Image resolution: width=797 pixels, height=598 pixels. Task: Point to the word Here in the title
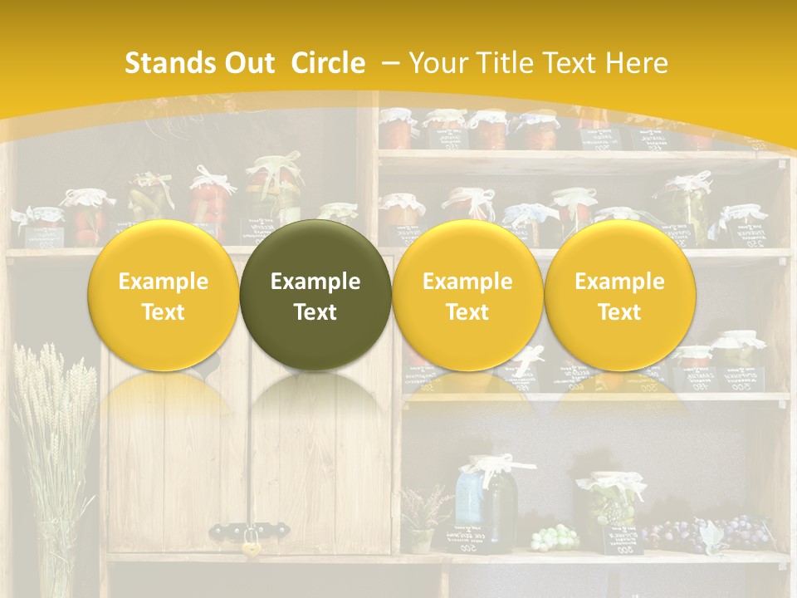pyautogui.click(x=636, y=63)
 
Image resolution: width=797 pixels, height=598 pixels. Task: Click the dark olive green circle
pyautogui.click(x=315, y=295)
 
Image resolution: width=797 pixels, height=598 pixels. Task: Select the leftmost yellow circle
pyautogui.click(x=164, y=295)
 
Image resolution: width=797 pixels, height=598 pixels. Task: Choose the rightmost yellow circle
pyautogui.click(x=619, y=295)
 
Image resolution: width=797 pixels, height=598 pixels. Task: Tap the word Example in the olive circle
pyautogui.click(x=315, y=282)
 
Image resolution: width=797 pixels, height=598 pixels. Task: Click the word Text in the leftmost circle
pyautogui.click(x=164, y=312)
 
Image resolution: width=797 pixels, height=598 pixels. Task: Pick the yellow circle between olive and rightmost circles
pyautogui.click(x=467, y=295)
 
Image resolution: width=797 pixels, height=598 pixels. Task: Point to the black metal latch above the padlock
pyautogui.click(x=249, y=528)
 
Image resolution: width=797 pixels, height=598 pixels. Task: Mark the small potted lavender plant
pyautogui.click(x=422, y=519)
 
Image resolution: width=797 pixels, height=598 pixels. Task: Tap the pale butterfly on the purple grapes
pyautogui.click(x=710, y=536)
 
